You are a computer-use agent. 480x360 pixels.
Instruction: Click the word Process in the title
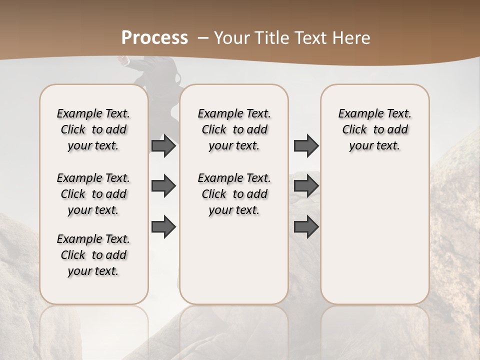tap(154, 38)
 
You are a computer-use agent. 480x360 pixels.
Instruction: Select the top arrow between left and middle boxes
tap(163, 146)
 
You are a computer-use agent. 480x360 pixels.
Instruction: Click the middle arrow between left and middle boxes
tap(163, 186)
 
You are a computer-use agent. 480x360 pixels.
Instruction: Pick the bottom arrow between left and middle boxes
tap(163, 226)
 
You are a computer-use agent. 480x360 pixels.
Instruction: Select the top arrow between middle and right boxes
tap(306, 146)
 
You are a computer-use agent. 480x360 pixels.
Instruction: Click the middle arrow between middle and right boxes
tap(306, 186)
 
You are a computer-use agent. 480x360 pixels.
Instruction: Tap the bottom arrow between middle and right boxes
tap(306, 226)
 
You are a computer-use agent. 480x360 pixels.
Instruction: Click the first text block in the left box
tap(93, 129)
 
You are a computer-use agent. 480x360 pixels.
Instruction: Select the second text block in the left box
tap(93, 194)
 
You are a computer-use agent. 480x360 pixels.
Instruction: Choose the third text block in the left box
tap(93, 255)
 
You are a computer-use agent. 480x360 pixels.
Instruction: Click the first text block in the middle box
tap(234, 129)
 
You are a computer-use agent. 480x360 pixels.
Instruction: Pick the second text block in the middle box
tap(234, 194)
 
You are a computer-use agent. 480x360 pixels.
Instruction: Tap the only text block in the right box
tap(374, 129)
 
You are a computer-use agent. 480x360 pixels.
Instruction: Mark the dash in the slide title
tap(202, 38)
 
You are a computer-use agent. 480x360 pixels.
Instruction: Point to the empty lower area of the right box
tap(374, 235)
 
